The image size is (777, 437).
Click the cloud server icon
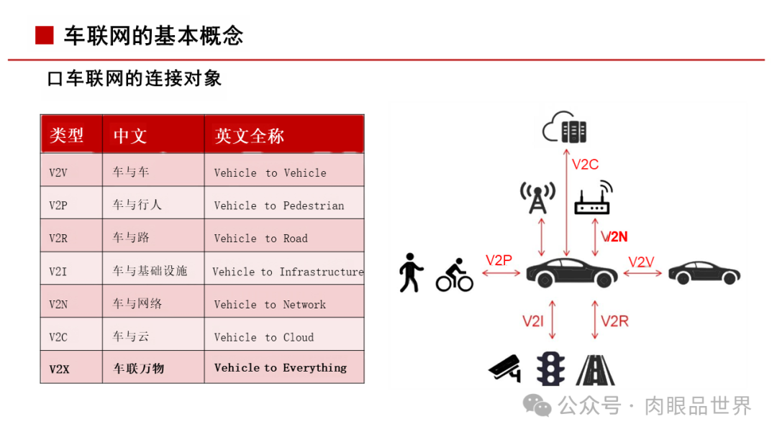point(565,127)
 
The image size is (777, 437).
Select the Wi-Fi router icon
point(593,199)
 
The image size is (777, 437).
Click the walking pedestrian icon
point(411,272)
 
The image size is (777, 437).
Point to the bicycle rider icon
point(455,275)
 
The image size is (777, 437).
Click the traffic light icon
point(550,367)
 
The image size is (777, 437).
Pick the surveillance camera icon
point(505,367)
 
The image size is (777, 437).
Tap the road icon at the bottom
point(595,368)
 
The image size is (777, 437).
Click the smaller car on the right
point(704,272)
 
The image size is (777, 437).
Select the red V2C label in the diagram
point(585,165)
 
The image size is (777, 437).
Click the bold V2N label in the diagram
point(615,236)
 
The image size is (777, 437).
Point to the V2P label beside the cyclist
point(499,260)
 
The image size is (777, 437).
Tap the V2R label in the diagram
point(614,321)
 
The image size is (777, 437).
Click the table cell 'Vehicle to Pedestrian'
point(279,206)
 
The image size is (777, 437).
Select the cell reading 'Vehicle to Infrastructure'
point(288,272)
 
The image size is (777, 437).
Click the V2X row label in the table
point(59,369)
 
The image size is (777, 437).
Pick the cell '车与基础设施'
point(150,271)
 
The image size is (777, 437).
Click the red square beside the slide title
point(45,35)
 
